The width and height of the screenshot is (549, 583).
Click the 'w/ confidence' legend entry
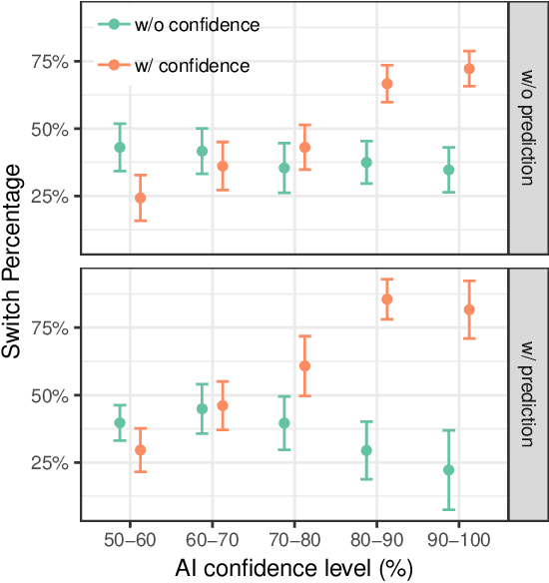pyautogui.click(x=181, y=65)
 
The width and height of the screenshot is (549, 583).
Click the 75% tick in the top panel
pyautogui.click(x=51, y=62)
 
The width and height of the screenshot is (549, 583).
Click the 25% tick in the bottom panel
pyautogui.click(x=51, y=463)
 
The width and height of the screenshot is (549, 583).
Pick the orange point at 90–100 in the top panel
pyautogui.click(x=469, y=69)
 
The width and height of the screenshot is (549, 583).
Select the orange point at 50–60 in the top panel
pyautogui.click(x=141, y=198)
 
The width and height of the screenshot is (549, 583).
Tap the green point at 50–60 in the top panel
pyautogui.click(x=120, y=147)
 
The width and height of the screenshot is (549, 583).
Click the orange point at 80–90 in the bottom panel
pyautogui.click(x=387, y=299)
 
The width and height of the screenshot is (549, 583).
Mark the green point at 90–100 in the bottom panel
pyautogui.click(x=448, y=470)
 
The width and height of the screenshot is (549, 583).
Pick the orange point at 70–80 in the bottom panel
pyautogui.click(x=305, y=365)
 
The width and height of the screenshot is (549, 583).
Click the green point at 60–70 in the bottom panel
pyautogui.click(x=203, y=408)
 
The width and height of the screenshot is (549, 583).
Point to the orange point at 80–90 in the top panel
pyautogui.click(x=387, y=84)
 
